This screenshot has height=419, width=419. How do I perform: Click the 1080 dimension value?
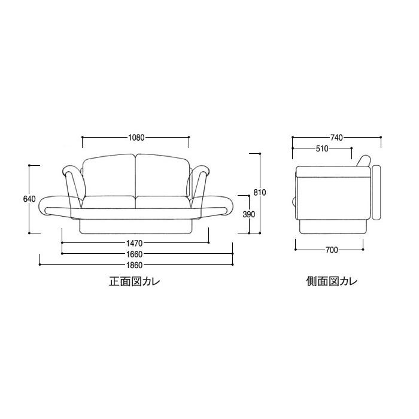pos(136,137)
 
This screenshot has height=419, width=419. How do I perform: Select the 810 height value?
pos(259,192)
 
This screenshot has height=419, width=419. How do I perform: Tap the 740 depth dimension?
pos(336,138)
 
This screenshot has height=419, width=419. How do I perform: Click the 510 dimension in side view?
pos(322,148)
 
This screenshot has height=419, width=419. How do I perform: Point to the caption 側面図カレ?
pos(331,281)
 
